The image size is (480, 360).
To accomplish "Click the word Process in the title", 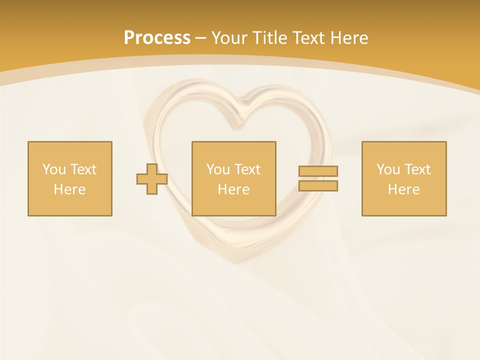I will click(x=157, y=38).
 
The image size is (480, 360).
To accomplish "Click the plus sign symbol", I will click(x=152, y=179).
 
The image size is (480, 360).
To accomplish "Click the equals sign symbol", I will click(x=318, y=178).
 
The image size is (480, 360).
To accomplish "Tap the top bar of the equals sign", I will click(x=318, y=171).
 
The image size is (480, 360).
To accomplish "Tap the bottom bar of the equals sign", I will click(x=318, y=185).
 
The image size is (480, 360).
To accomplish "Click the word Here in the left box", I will click(x=70, y=189).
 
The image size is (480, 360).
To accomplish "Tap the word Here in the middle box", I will click(x=234, y=189).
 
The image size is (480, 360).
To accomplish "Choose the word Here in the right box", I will click(x=404, y=189).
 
